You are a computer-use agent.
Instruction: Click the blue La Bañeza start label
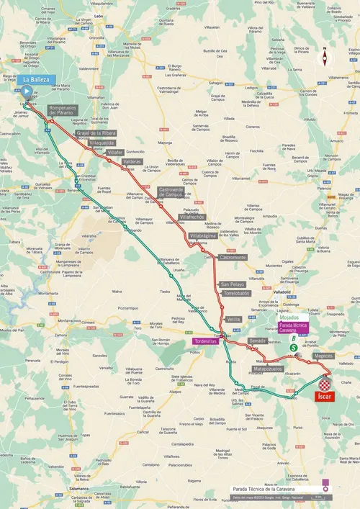(x=36, y=79)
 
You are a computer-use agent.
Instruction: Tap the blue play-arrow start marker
(x=27, y=91)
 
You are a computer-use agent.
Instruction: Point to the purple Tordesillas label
(x=205, y=342)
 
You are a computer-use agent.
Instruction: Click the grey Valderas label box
(x=132, y=162)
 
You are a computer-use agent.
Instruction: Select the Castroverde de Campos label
(x=171, y=192)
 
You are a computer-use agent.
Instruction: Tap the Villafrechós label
(x=192, y=217)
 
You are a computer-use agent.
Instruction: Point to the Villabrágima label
(x=204, y=235)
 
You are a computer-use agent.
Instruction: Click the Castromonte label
(x=233, y=257)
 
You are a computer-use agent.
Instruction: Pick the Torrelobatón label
(x=235, y=294)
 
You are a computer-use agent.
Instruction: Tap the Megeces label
(x=323, y=355)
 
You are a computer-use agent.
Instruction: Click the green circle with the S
(x=294, y=348)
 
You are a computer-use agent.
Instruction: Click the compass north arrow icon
(x=325, y=58)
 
